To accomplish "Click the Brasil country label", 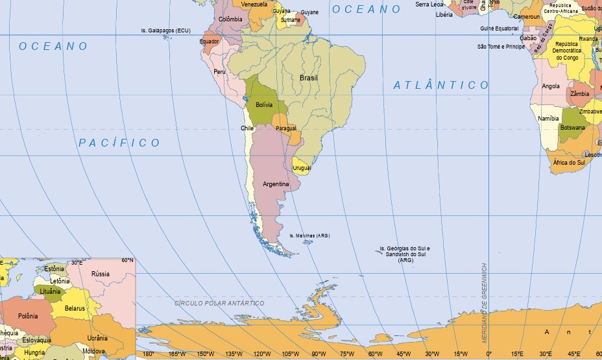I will [309, 78].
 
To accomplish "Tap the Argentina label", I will [276, 184].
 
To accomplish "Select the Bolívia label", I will [264, 104].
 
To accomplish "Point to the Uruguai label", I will [302, 168].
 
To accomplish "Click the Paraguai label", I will [286, 128].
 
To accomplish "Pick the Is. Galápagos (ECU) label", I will [167, 30].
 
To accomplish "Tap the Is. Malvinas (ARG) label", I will [309, 235].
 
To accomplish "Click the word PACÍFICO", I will [119, 143].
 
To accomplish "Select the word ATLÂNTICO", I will [441, 85].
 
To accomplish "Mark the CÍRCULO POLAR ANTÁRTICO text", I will [220, 303].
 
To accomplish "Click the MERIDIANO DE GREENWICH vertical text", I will [484, 302].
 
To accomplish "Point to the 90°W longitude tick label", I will [319, 354].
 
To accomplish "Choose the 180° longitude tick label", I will [148, 354].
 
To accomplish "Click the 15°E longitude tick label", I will [517, 354].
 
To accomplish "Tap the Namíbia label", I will [548, 119].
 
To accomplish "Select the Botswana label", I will [573, 128].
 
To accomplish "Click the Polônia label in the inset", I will [28, 316].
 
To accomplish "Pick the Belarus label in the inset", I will [75, 309].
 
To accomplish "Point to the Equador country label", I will [210, 42].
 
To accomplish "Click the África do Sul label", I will [569, 162].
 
